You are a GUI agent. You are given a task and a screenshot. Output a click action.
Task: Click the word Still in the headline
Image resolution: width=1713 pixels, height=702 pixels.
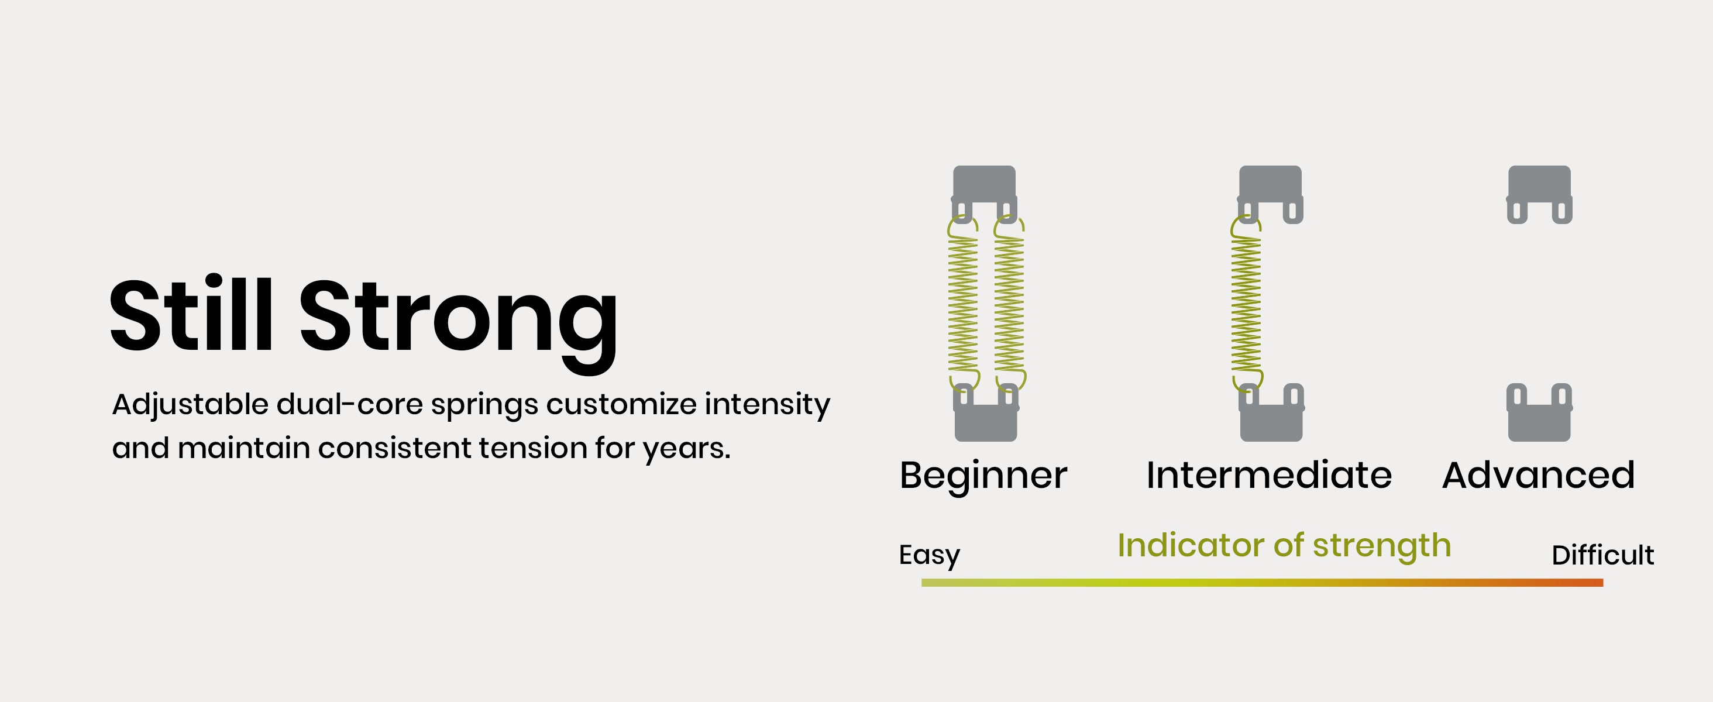tap(191, 313)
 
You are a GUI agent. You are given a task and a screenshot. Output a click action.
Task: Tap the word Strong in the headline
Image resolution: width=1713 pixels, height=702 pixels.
tap(459, 323)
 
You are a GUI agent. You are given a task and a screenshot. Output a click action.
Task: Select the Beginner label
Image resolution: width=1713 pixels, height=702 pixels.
tap(983, 477)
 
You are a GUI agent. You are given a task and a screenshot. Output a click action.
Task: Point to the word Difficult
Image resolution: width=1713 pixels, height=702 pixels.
tap(1602, 555)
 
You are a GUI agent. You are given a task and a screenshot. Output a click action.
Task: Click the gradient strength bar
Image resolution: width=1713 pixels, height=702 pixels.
tap(1262, 582)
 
